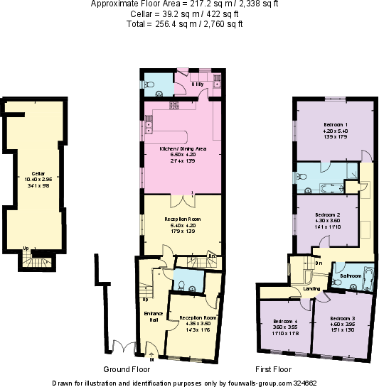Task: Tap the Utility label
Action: [198, 85]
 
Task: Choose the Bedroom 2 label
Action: [328, 214]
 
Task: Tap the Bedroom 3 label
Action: [343, 320]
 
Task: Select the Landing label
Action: [311, 288]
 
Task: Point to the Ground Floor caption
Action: [124, 369]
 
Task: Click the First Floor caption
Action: [274, 369]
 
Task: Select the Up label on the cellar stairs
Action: [26, 249]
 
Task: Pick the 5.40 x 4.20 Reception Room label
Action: [183, 219]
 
